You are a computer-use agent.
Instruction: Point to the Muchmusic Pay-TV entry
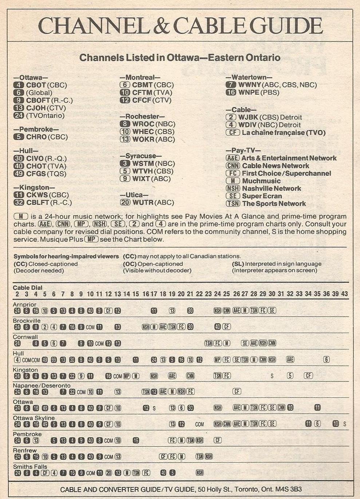click(261, 181)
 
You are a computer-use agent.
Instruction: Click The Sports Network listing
click(274, 203)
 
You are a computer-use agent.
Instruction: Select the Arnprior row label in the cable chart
click(24, 304)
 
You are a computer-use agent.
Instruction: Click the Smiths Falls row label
click(30, 467)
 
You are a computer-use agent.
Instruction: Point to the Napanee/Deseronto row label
click(41, 385)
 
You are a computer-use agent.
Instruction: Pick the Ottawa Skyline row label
click(33, 418)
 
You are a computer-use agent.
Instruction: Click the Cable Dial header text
click(27, 288)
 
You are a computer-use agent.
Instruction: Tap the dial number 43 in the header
click(344, 294)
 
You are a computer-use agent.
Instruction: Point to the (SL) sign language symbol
click(238, 264)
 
